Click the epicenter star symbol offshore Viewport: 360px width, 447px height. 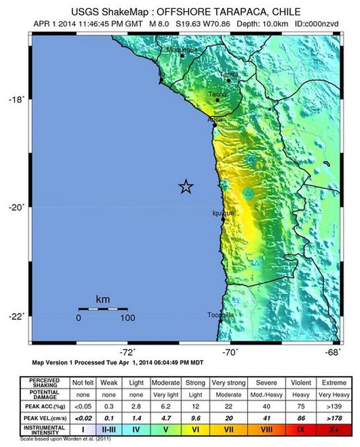[186, 186]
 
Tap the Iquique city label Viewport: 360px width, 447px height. [223, 213]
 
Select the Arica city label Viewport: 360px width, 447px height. [216, 120]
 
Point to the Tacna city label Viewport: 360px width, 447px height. [217, 94]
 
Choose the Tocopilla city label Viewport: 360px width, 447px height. [221, 315]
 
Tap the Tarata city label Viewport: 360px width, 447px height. [229, 74]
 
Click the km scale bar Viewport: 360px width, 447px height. [103, 309]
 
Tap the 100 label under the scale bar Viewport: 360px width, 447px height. [127, 318]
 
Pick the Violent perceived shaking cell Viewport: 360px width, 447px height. [301, 383]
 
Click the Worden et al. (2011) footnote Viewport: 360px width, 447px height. [65, 439]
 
